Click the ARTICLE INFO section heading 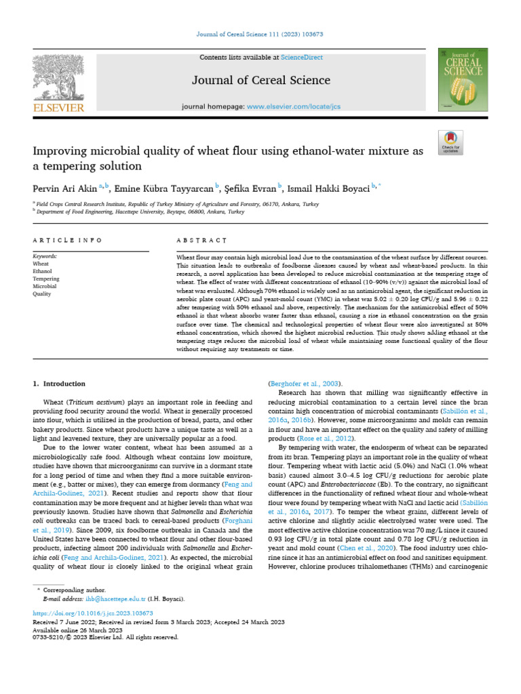coord(67,240)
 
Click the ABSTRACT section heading coord(201,240)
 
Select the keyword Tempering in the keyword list coord(46,279)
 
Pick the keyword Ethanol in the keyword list coord(43,271)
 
